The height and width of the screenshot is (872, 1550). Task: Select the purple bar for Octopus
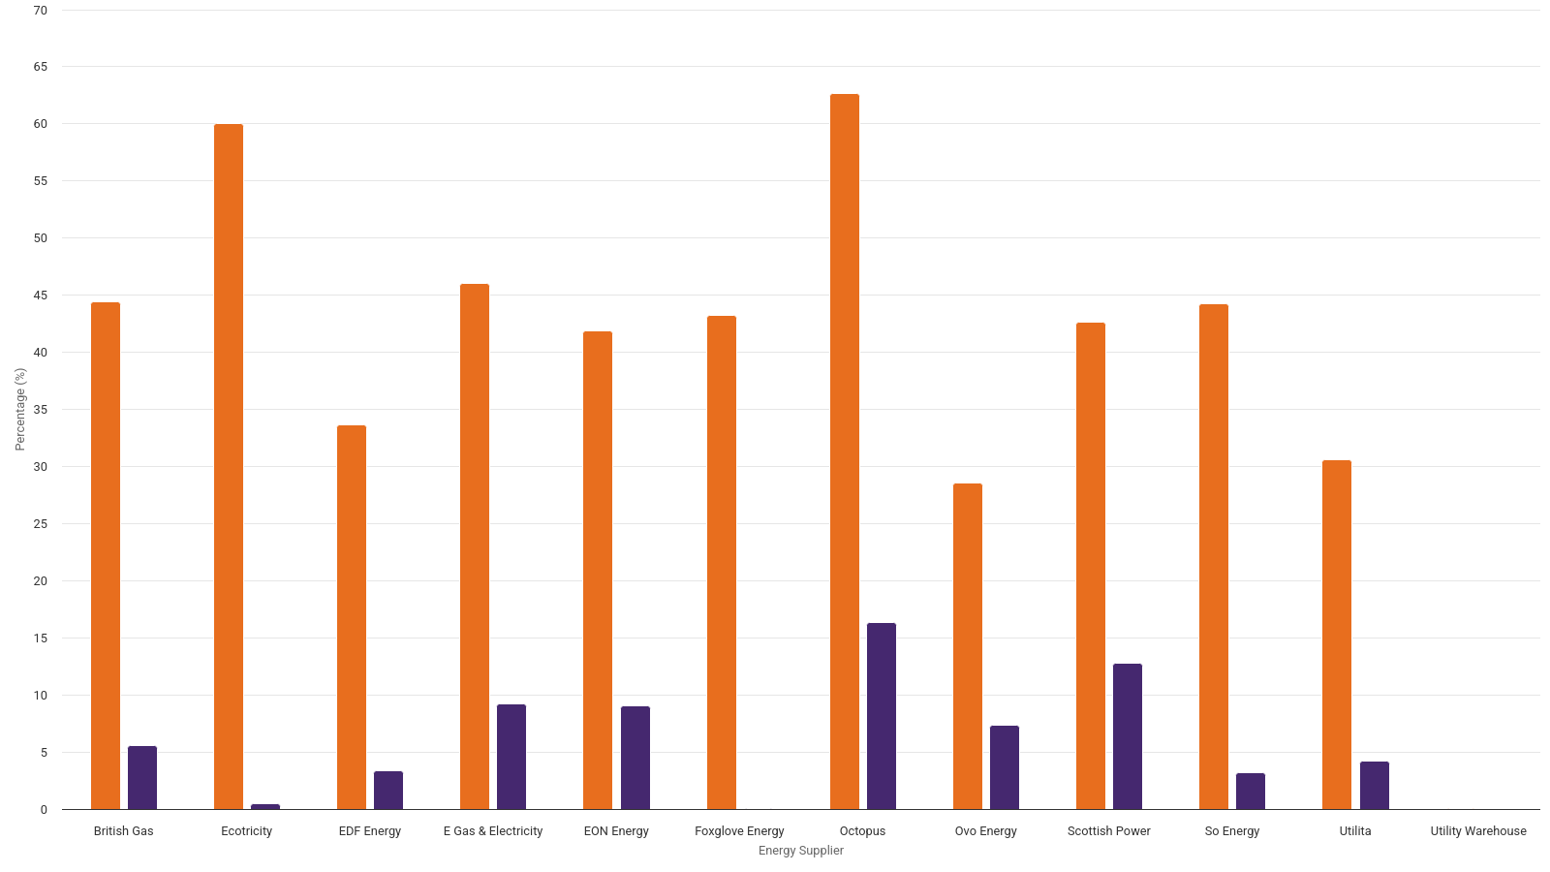(882, 716)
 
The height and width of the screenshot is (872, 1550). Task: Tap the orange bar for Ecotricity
(229, 466)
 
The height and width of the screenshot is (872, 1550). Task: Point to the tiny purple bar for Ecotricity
(265, 806)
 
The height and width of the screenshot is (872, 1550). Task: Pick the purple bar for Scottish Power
(1128, 736)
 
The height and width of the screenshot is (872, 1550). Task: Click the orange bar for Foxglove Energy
(722, 562)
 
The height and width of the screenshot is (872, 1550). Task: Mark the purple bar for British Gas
(142, 778)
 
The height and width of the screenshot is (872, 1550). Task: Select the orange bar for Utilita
(1337, 635)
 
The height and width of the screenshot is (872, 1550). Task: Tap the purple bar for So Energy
(1251, 792)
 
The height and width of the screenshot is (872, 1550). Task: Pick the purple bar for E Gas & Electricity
(511, 757)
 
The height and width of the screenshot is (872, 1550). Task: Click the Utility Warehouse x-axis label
(1478, 831)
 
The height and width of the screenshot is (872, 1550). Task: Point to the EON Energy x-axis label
(616, 831)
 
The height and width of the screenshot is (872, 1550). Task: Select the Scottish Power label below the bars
(1109, 831)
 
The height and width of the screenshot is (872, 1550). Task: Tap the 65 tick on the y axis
(41, 67)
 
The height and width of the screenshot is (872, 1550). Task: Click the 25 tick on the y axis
(41, 524)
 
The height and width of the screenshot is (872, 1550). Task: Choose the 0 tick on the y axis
(44, 810)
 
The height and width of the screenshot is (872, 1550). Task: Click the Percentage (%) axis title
(20, 409)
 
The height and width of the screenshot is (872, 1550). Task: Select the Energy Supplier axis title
(801, 851)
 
